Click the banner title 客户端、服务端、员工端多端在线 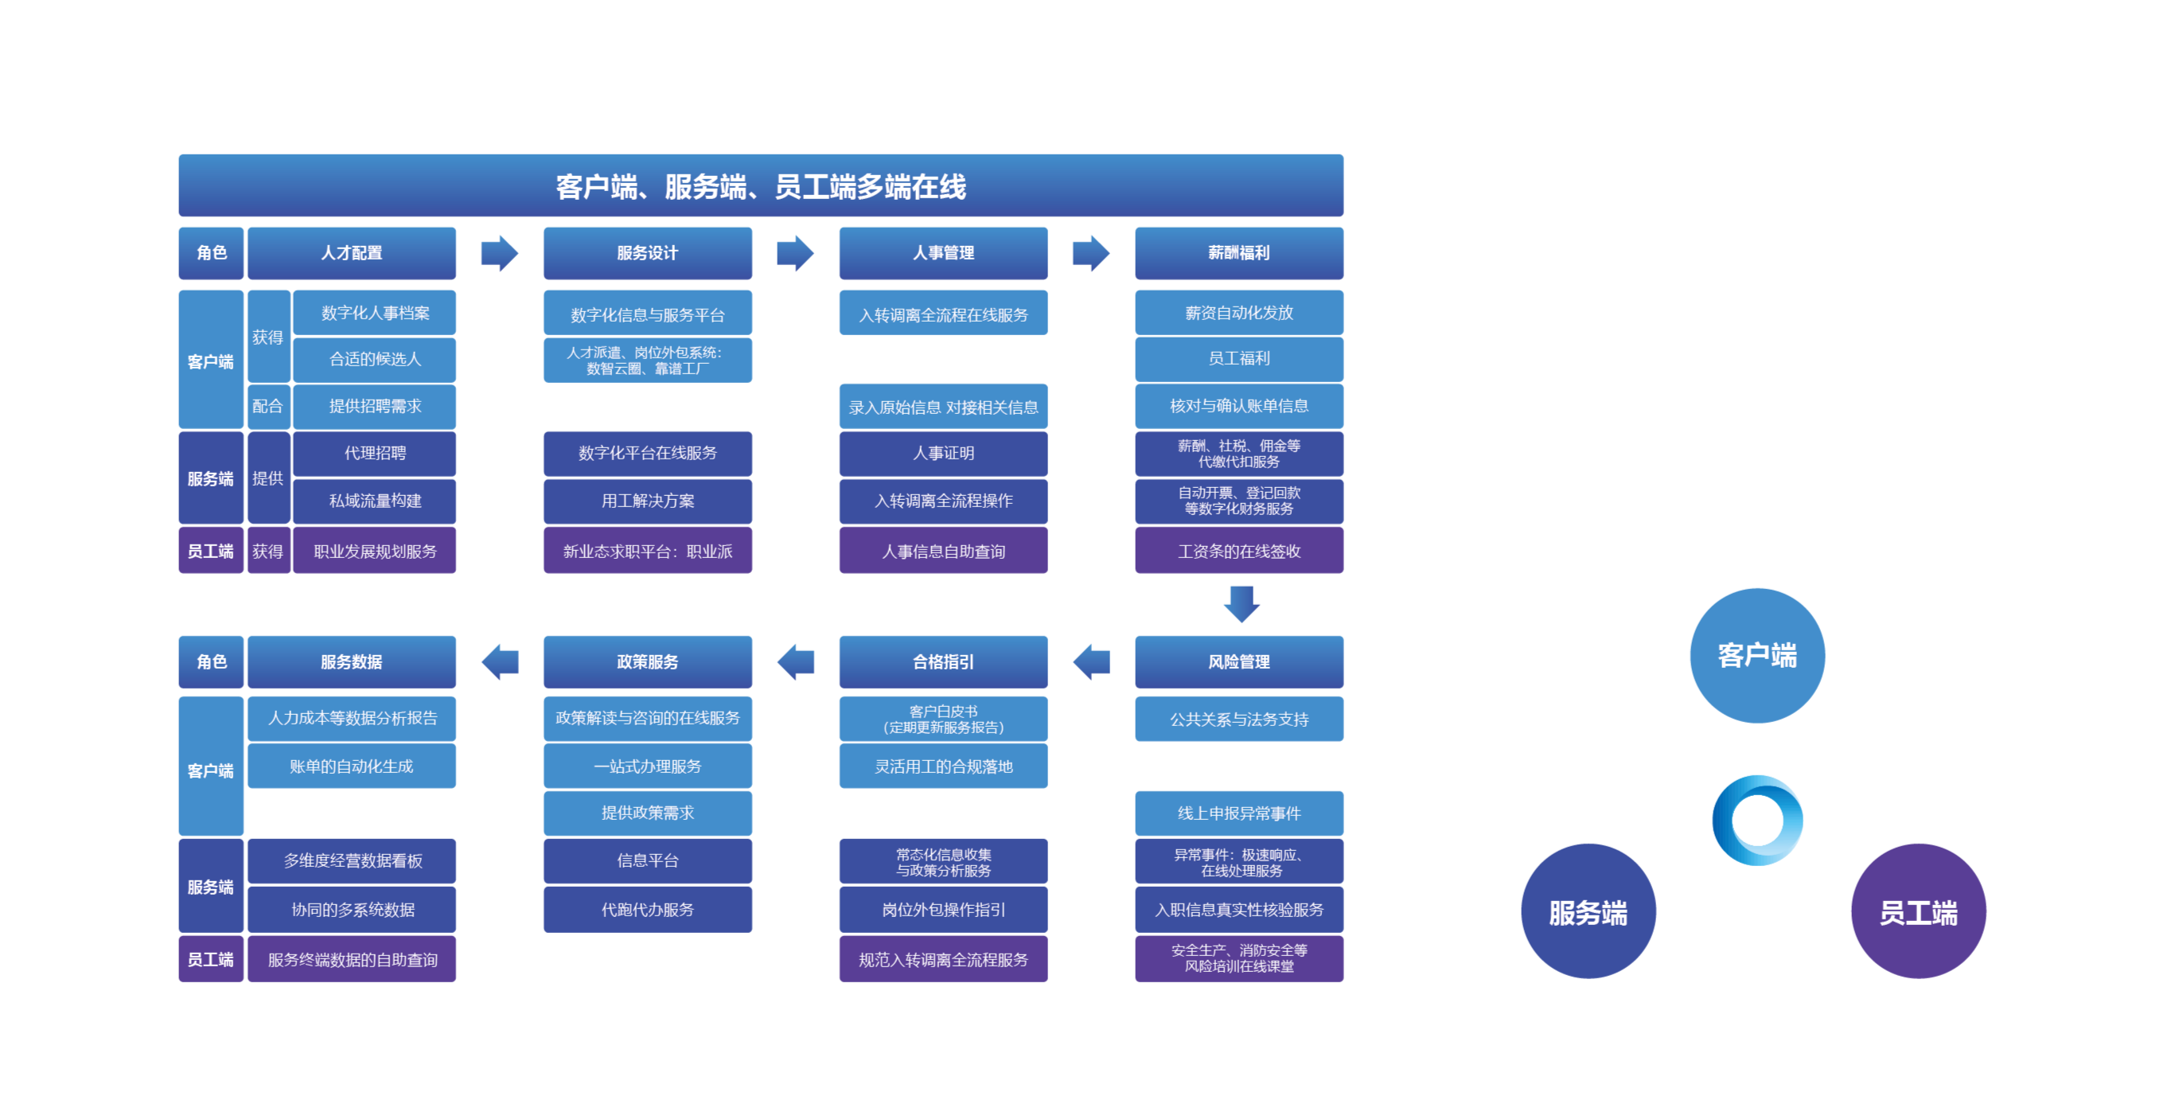pos(760,185)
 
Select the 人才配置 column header pos(351,252)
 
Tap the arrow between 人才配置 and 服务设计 pos(500,252)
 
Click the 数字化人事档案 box pos(375,313)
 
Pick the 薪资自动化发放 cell pos(1238,313)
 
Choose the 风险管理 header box pos(1238,661)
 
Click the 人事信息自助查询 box pos(943,551)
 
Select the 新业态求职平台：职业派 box pos(648,551)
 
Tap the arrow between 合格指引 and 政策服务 pos(795,661)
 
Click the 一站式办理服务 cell pos(648,766)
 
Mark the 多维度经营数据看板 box pos(352,860)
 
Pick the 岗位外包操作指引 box pos(943,909)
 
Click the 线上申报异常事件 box pos(1238,813)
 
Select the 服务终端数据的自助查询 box pos(352,959)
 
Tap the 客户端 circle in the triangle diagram pos(1757,655)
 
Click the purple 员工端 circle pos(1918,911)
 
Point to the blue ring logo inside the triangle pos(1758,819)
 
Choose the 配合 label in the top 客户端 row pos(267,406)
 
